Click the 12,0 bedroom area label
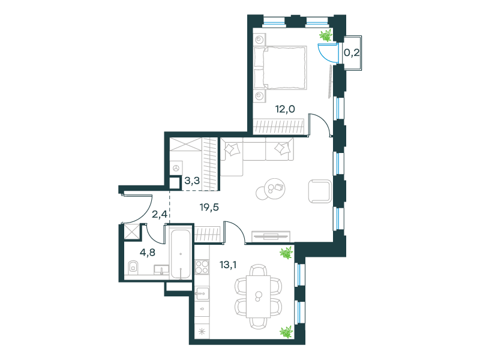coord(285,109)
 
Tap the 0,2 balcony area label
coord(352,53)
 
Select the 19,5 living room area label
coord(209,207)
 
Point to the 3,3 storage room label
coord(192,181)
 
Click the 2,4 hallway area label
coord(160,214)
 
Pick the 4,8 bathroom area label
coord(147,252)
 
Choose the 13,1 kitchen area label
coord(228,265)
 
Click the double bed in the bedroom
coord(280,68)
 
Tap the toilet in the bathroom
coord(133,268)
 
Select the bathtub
coord(181,254)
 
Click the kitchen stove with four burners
coord(202,266)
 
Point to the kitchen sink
coord(202,295)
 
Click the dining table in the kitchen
coord(259,296)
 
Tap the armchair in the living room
coord(320,191)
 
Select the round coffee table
coord(271,189)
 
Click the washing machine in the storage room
coord(176,168)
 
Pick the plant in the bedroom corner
coord(326,36)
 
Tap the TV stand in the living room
coord(271,236)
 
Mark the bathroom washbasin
coord(161,269)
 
